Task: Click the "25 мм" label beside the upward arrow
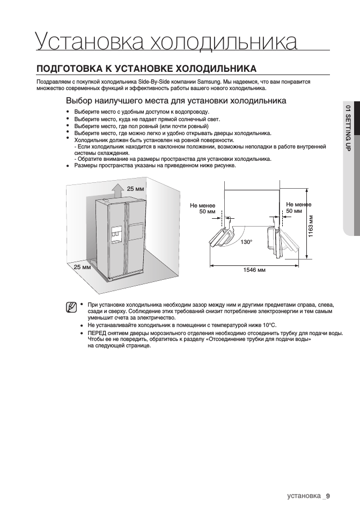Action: coord(136,189)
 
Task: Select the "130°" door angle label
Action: coord(246,243)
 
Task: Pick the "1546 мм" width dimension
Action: coord(255,270)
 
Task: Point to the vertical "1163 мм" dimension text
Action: coord(311,227)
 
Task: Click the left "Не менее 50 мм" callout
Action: coord(203,208)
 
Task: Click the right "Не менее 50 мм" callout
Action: coord(299,208)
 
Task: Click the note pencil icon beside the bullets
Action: coord(70,307)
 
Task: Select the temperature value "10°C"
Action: coord(268,325)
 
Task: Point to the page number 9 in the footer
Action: coord(328,495)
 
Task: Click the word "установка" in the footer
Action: coord(304,495)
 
